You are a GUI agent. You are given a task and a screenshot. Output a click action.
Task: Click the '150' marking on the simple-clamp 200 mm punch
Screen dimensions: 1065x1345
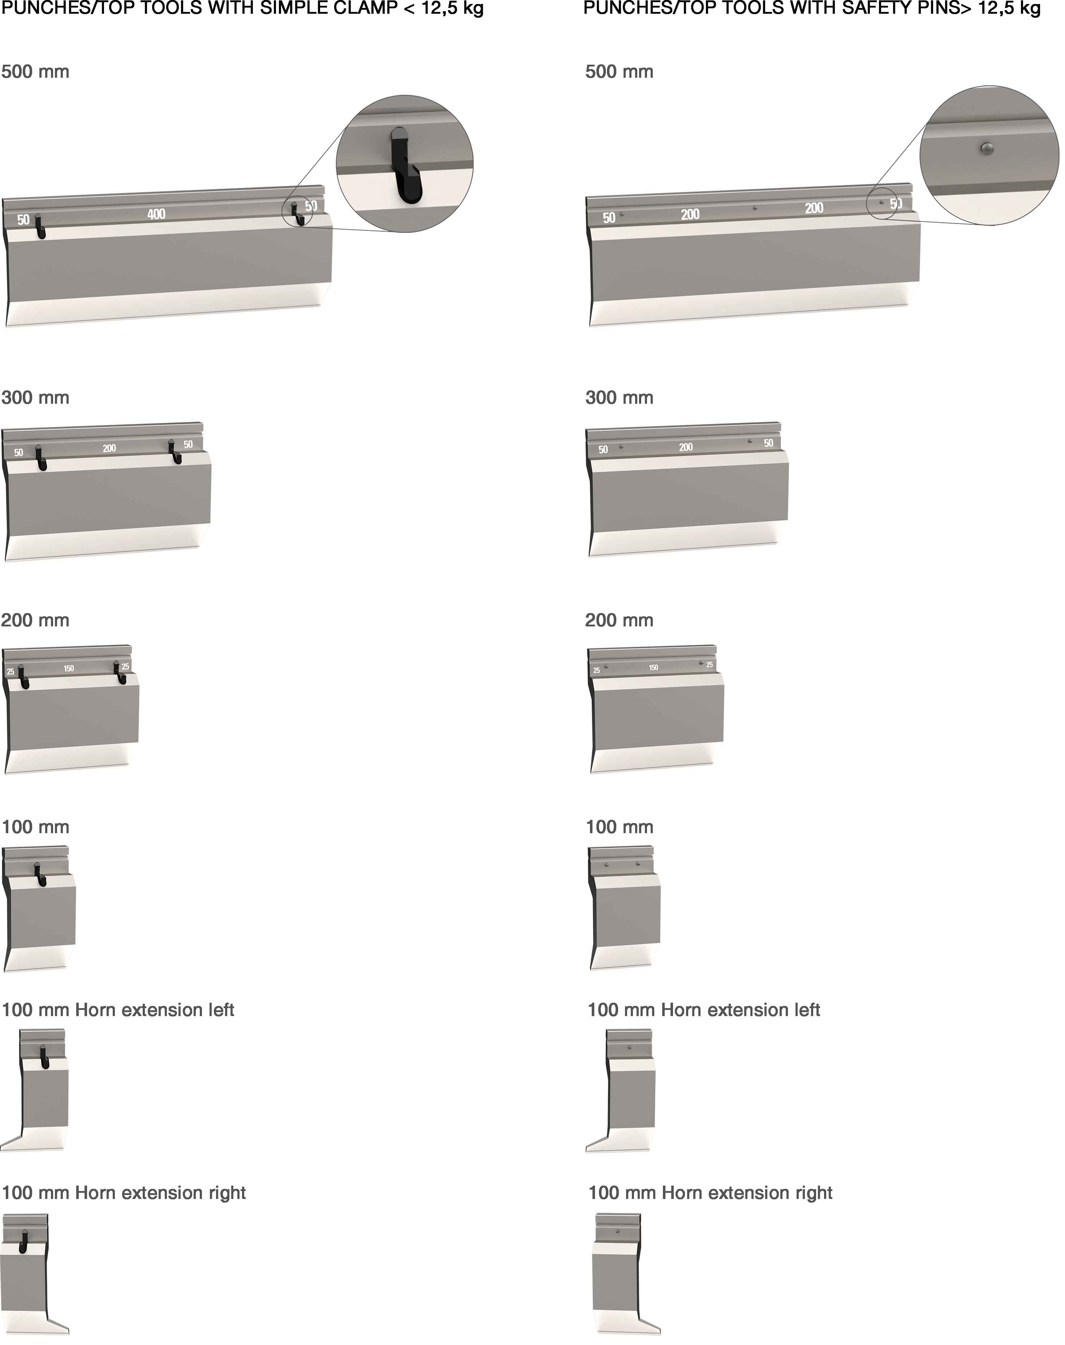coord(69,668)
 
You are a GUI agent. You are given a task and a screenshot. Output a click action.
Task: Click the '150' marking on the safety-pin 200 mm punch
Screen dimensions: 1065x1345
coord(654,668)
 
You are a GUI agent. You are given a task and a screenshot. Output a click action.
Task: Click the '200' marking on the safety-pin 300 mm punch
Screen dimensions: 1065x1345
coord(686,447)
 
